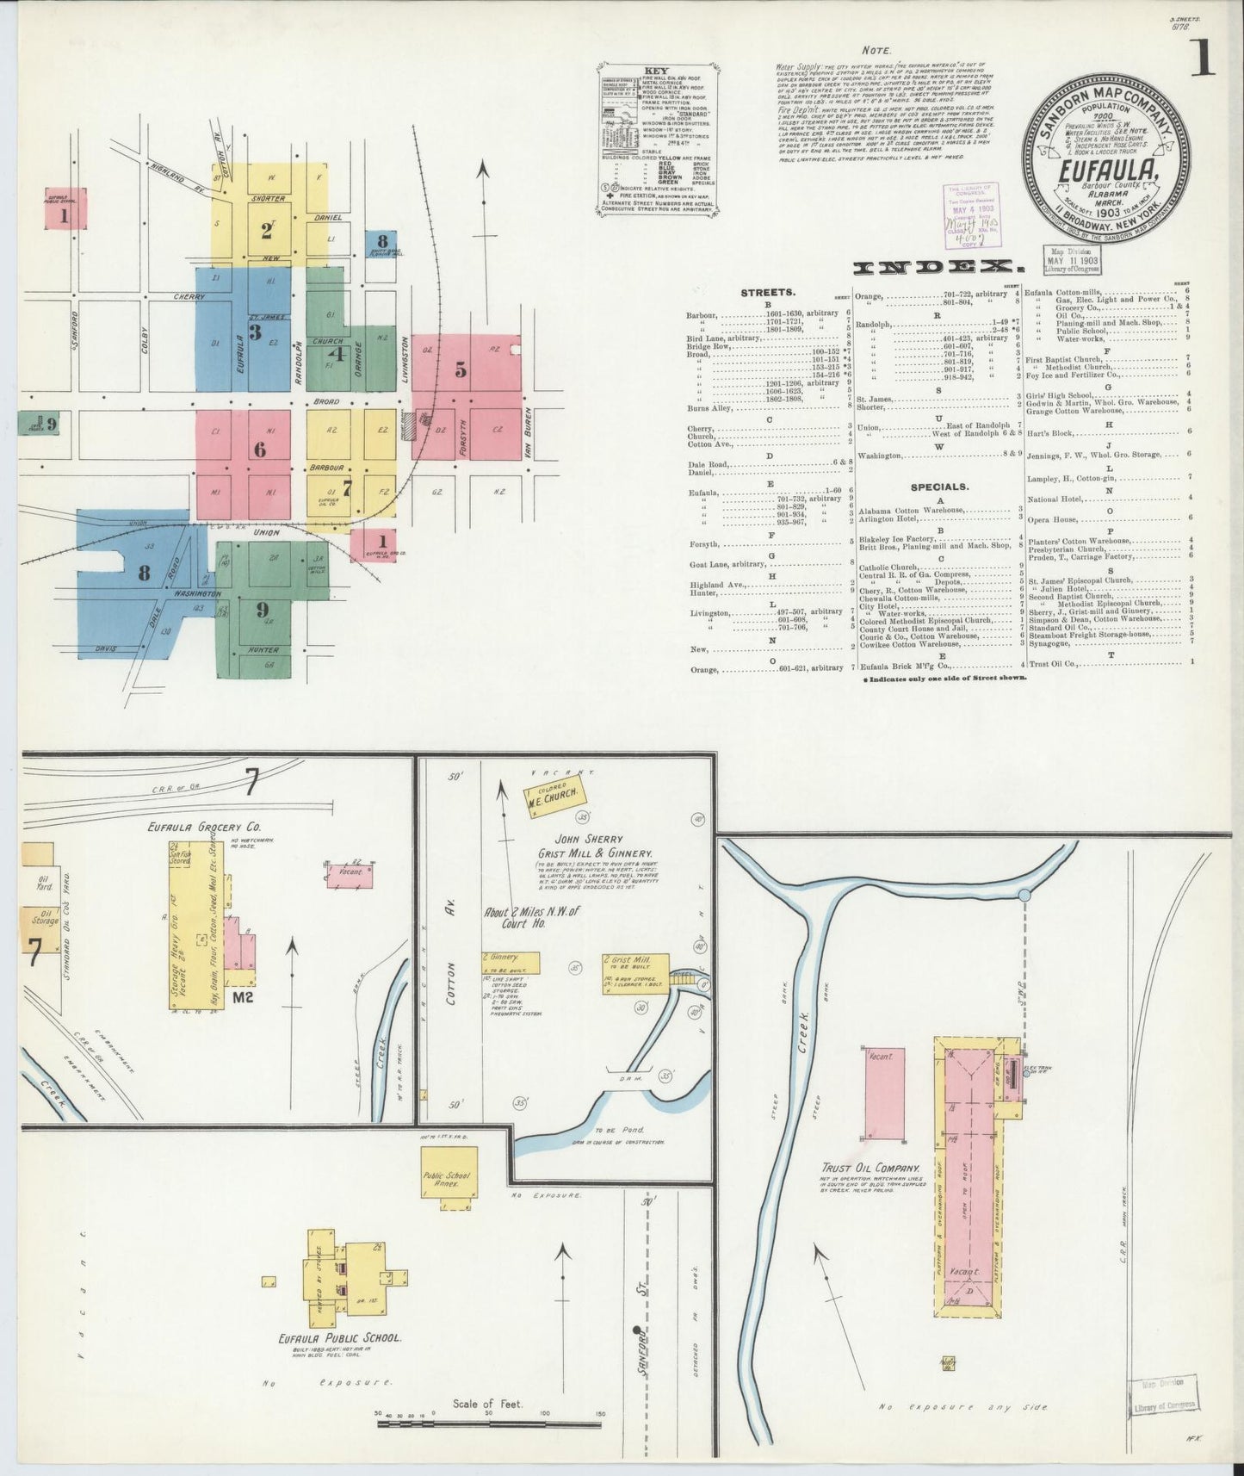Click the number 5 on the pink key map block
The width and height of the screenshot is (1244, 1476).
click(x=461, y=370)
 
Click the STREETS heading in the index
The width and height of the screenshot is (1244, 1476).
click(x=767, y=293)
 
